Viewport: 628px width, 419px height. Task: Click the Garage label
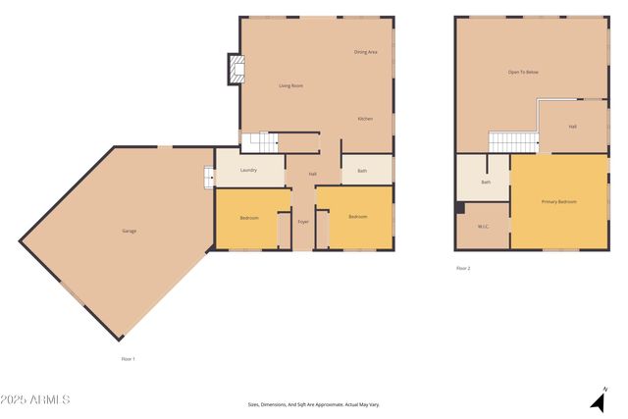[129, 231]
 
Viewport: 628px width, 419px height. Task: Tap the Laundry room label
[248, 170]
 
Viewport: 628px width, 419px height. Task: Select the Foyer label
[303, 222]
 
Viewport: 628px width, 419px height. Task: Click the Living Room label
[290, 86]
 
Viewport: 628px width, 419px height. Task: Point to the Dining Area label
[366, 52]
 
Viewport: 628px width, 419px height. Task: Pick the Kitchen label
[365, 119]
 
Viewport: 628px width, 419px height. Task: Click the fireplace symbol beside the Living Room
[235, 68]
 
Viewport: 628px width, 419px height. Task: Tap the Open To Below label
[523, 73]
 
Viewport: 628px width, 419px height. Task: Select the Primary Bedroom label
[559, 201]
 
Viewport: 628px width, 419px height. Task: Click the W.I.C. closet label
[483, 227]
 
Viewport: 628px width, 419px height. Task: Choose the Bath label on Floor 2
[486, 182]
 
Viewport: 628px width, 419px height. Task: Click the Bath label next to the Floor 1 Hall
[362, 171]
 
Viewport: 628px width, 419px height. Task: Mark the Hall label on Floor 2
[572, 127]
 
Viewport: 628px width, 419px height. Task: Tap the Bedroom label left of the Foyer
[249, 217]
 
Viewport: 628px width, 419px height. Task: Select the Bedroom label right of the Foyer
[356, 216]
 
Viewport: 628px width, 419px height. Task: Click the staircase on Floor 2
[512, 142]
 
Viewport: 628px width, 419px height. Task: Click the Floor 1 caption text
[128, 358]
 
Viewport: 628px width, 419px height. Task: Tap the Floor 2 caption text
[463, 268]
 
